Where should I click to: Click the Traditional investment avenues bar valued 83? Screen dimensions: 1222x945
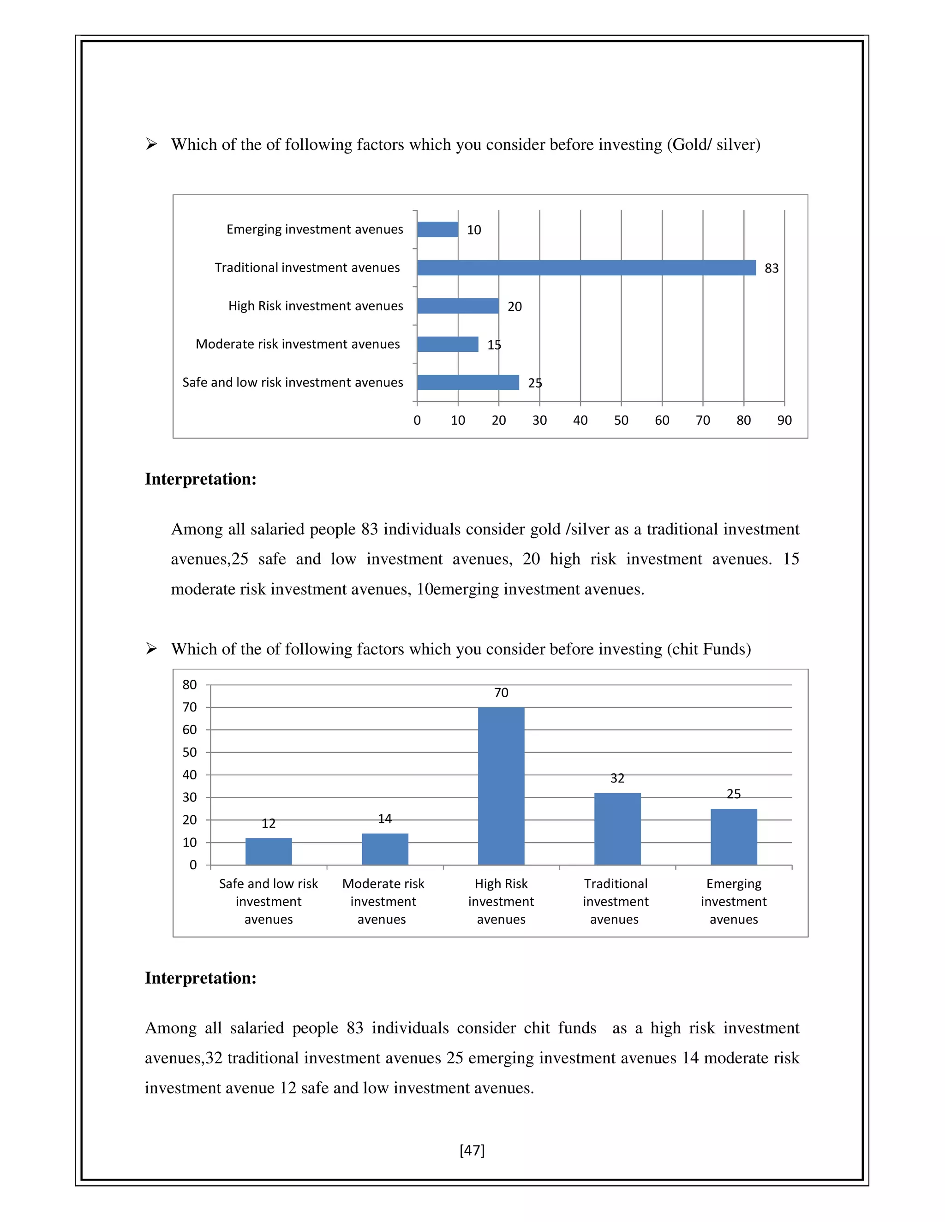586,267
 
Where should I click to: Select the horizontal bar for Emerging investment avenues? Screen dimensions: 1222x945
437,229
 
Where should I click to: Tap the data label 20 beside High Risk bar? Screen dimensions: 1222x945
514,307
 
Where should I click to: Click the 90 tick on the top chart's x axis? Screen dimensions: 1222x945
784,420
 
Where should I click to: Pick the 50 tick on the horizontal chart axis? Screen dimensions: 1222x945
621,420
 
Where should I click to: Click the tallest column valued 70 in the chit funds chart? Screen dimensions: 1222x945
501,786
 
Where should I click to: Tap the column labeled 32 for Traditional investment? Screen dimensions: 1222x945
617,829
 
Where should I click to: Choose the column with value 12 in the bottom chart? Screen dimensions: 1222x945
268,851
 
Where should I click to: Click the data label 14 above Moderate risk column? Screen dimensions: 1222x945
385,819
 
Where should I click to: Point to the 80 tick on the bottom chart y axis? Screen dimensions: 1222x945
190,685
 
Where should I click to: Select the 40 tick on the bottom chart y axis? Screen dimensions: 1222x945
190,775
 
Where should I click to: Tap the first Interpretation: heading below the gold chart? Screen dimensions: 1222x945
200,479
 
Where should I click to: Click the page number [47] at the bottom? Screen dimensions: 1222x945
472,1151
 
